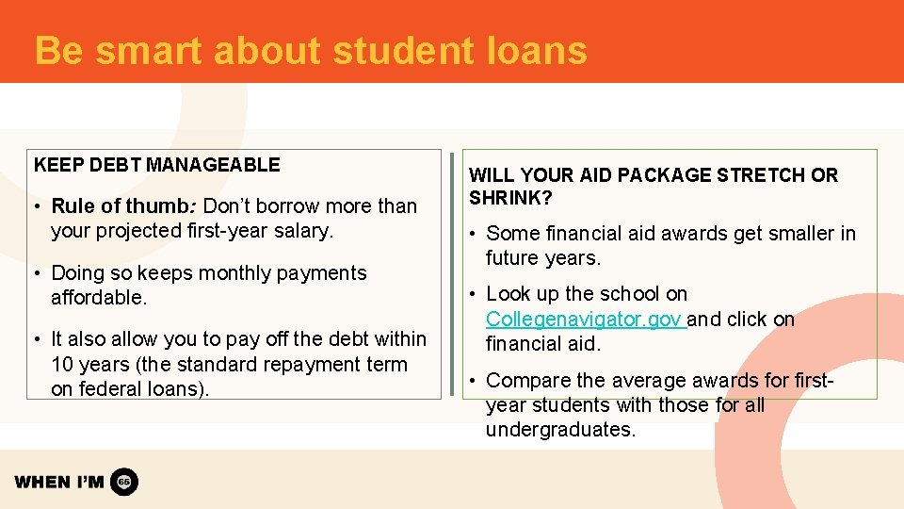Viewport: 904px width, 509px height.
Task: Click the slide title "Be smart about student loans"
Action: pos(311,50)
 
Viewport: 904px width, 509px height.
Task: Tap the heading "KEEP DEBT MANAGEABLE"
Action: pos(157,165)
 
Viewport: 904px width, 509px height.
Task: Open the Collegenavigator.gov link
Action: pos(584,320)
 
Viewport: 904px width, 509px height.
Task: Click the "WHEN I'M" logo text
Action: pos(59,483)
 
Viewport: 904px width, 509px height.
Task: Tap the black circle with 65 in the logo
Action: pos(124,483)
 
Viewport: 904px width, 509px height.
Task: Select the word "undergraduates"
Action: pos(559,430)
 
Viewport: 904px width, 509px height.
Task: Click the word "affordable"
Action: pos(97,298)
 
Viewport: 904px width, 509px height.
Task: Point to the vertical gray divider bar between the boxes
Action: pos(451,273)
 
